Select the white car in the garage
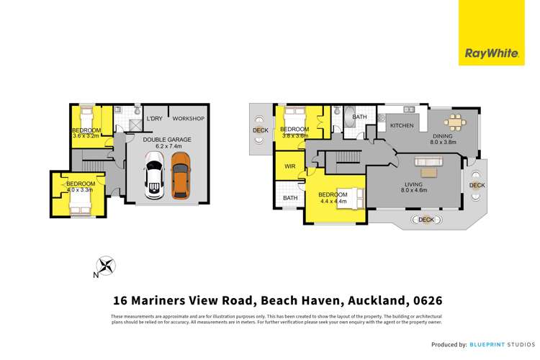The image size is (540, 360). pos(155,176)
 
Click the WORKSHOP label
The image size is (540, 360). pos(189,119)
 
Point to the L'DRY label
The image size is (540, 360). pos(154,119)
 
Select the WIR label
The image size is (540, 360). pos(290,166)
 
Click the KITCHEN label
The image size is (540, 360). pos(402,126)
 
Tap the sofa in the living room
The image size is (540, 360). pos(431,171)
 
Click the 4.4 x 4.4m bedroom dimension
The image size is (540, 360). pos(333,202)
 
